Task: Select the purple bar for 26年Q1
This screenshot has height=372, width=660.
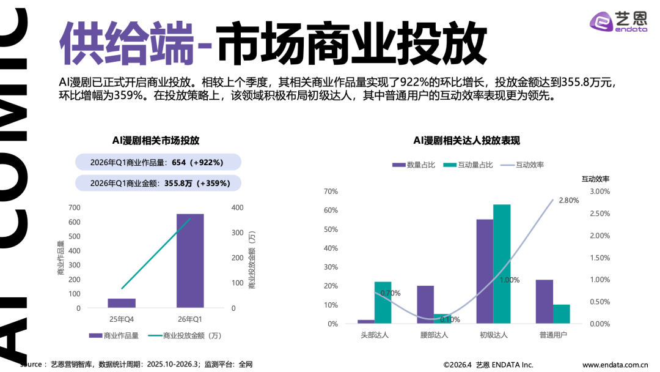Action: [x=190, y=261]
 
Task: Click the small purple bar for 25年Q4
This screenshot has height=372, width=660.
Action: [x=122, y=303]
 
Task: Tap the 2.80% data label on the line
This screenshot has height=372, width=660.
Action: [x=568, y=200]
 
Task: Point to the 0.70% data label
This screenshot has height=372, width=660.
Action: [x=390, y=293]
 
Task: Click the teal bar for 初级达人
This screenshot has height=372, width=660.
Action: [x=502, y=264]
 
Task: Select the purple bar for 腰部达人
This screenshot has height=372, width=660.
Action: [x=425, y=305]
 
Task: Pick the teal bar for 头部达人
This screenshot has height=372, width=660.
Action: [x=383, y=302]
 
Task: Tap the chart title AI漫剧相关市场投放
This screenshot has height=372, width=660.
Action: [x=156, y=140]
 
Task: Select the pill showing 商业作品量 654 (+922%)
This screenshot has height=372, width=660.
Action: [x=158, y=162]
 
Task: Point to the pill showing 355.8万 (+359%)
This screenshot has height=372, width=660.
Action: [x=158, y=183]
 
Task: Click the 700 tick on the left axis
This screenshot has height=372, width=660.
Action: [x=74, y=208]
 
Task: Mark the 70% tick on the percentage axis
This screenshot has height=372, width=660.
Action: [x=331, y=192]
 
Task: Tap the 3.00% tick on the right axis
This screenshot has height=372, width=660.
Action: [x=599, y=192]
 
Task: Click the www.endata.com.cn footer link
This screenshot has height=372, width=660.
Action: [x=615, y=365]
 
